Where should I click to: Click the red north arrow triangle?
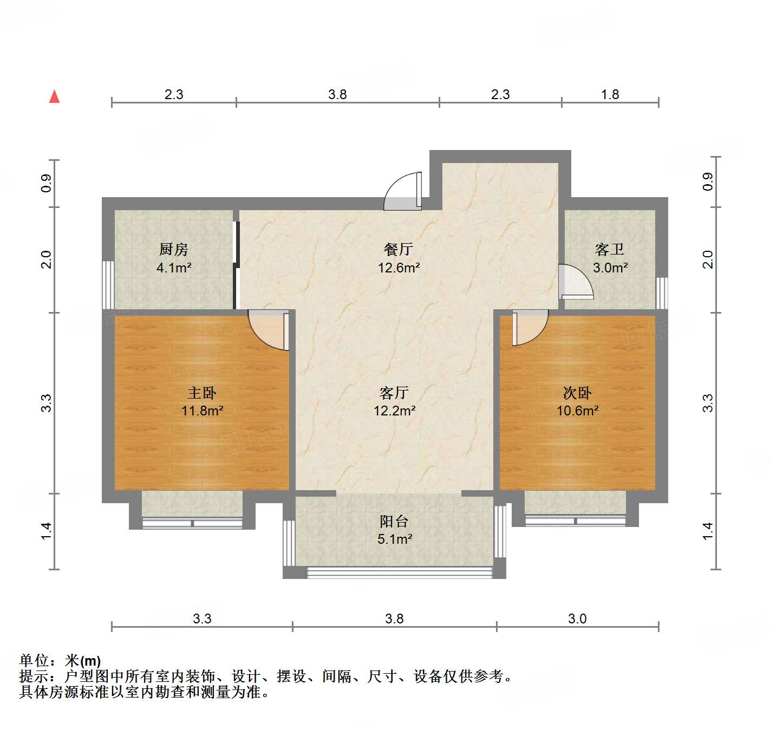pos(54,96)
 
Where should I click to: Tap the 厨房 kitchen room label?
pos(174,249)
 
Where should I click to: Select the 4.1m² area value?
pos(174,268)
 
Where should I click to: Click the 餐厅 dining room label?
pos(399,249)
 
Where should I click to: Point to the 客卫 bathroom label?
pos(610,249)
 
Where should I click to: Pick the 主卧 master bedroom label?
pos(202,393)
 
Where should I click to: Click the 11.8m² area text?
pos(202,411)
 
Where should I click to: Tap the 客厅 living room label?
pos(394,393)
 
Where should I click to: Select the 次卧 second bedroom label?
pos(577,393)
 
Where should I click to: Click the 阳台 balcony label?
pos(394,522)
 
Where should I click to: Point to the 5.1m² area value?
pos(395,539)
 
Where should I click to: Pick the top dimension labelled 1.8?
pos(610,94)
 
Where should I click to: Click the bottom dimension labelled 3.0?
pos(577,619)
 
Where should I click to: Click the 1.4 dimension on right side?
pos(708,531)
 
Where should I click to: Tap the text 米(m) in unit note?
pos(83,661)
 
